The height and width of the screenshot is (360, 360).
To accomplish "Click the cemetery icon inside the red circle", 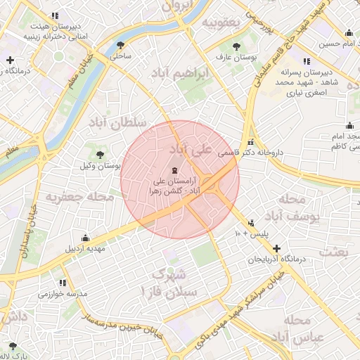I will click(174, 171).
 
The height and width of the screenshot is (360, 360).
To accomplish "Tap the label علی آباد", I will click(190, 150).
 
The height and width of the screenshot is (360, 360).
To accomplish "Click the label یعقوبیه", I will click(221, 23).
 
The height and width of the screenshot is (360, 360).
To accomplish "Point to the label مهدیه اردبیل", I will click(85, 249).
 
